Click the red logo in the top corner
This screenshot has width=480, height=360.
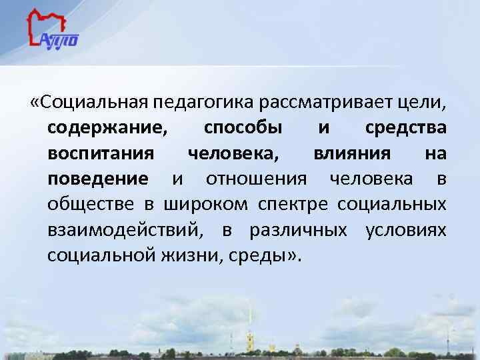tap(53, 30)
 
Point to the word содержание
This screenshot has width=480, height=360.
tap(107, 128)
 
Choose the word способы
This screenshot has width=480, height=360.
tap(243, 128)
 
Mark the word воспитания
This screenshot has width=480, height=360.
tap(101, 153)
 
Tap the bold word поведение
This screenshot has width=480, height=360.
tap(98, 179)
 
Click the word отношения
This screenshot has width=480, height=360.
tap(257, 179)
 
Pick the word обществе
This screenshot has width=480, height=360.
tap(89, 204)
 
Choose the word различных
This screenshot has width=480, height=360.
tap(297, 230)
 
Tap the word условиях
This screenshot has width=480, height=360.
tap(406, 230)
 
